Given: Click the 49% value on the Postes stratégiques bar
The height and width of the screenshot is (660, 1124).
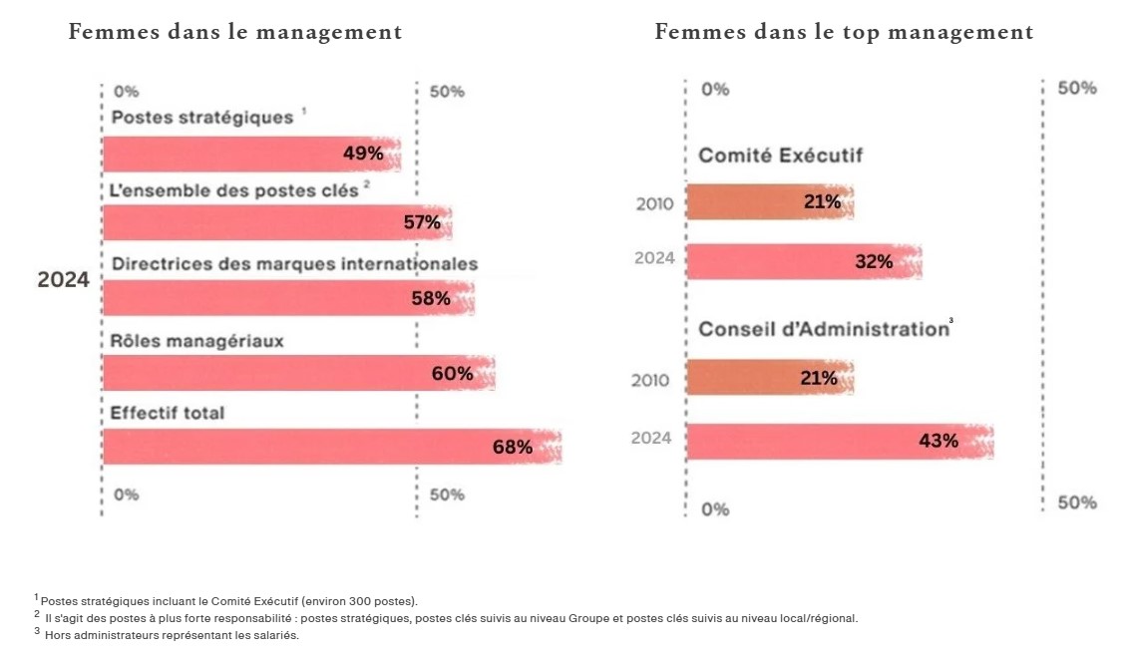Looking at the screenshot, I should (363, 154).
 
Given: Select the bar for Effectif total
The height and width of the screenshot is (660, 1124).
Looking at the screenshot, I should (332, 447).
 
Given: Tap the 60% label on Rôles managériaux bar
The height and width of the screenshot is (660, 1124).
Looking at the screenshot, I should (452, 374).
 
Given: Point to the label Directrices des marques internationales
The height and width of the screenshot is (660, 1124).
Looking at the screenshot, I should (294, 264).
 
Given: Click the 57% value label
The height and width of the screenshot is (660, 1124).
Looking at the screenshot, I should (422, 222).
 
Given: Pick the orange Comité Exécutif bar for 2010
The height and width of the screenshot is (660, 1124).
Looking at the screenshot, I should (770, 202).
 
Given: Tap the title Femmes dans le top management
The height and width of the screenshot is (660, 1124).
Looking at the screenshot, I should (844, 32).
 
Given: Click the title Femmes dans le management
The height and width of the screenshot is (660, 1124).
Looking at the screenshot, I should (235, 32).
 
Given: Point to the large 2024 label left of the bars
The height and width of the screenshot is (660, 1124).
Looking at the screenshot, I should (64, 281).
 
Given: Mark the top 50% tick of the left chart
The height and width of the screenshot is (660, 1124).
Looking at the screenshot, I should (447, 92).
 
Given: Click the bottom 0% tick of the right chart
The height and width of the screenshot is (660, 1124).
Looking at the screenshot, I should (715, 509).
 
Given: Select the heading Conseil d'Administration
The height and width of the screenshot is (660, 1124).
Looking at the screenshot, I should (823, 329).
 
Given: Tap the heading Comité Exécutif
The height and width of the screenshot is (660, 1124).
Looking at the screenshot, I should (780, 156).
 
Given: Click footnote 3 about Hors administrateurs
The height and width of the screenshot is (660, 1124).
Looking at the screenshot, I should (170, 636).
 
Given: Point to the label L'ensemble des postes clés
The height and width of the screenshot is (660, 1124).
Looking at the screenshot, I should (234, 190).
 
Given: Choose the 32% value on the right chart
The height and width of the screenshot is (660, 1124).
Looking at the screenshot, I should (874, 262).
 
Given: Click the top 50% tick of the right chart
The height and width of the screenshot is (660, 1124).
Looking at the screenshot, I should (1076, 89).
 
